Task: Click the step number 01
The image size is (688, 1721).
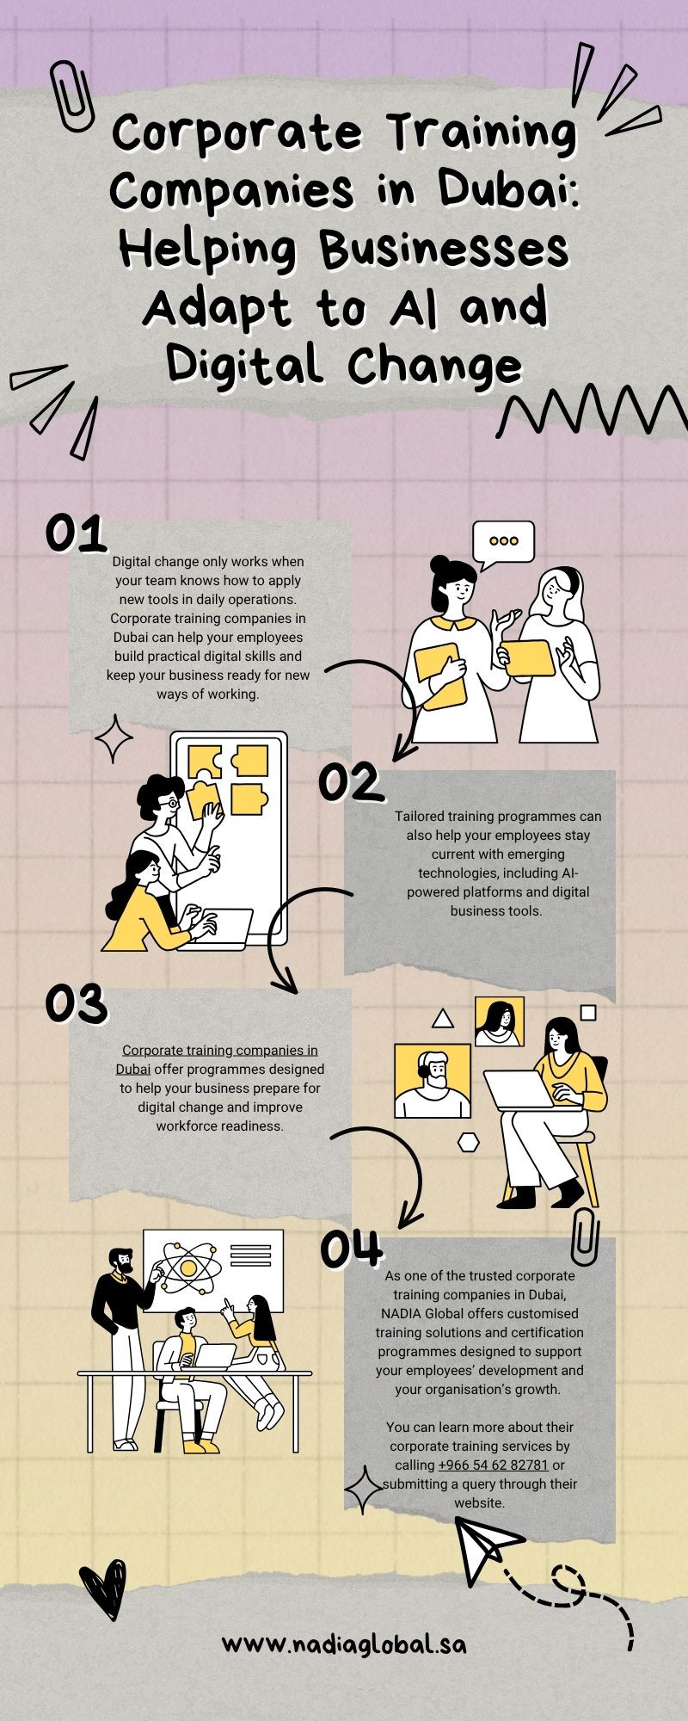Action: click(x=76, y=534)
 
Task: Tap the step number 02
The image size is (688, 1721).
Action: click(x=349, y=782)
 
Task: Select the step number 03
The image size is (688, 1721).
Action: click(x=76, y=1003)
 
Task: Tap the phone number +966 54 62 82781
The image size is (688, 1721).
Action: click(x=493, y=1465)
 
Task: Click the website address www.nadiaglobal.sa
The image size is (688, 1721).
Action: click(x=344, y=1644)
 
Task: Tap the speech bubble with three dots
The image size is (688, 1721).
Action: click(x=503, y=545)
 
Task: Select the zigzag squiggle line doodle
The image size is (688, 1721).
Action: click(x=593, y=411)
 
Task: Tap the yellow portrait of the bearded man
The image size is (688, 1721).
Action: click(x=433, y=1082)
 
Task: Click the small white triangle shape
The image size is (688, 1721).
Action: click(x=443, y=1019)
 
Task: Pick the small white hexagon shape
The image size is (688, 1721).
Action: click(x=469, y=1142)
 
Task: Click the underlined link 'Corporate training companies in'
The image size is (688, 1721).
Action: click(x=220, y=1050)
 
